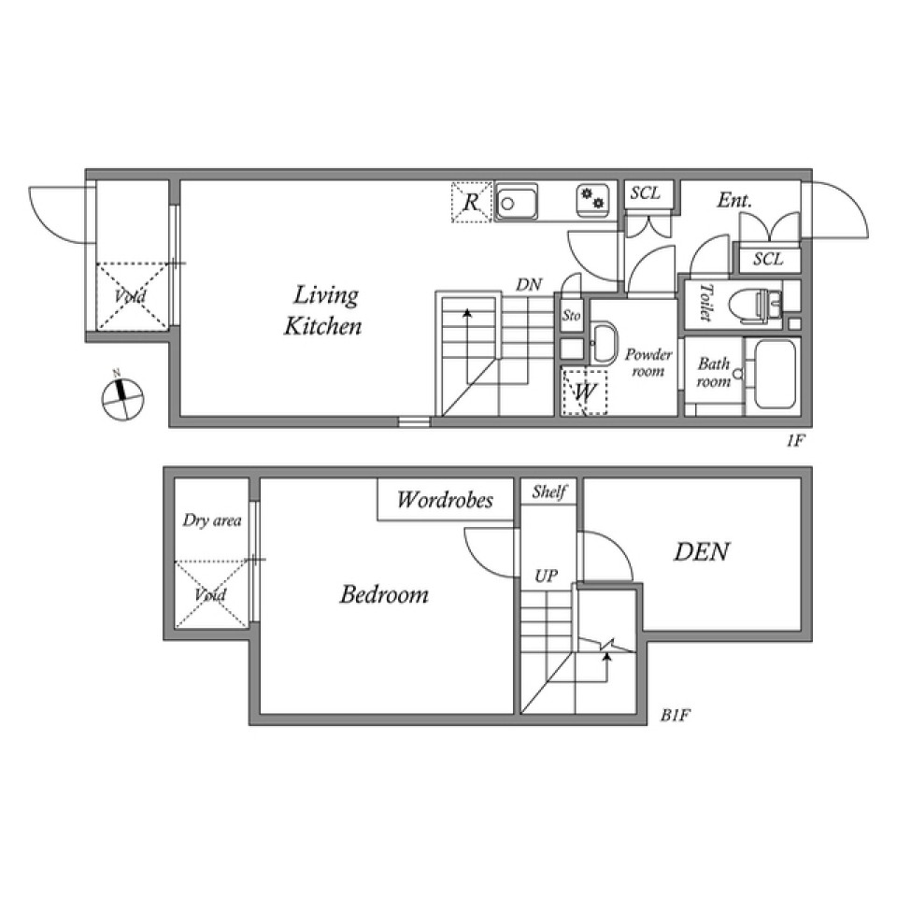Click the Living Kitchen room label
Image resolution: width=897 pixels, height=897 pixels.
[323, 310]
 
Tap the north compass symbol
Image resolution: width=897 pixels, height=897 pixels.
[121, 397]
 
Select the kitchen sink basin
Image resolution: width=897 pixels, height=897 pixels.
[517, 202]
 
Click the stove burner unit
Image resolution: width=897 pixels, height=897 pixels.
[592, 200]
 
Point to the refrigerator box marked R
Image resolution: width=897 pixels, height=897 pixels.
[471, 202]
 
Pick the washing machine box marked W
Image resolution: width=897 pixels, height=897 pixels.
[584, 392]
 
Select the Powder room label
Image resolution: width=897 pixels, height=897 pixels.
[648, 363]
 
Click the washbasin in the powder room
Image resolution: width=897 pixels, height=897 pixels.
[604, 343]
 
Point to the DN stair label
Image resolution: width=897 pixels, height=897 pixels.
[529, 285]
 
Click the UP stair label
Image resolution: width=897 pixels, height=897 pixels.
[546, 577]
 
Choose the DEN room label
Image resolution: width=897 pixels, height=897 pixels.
[702, 552]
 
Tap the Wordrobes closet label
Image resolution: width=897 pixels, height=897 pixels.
[445, 500]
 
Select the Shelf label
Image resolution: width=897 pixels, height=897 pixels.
[549, 491]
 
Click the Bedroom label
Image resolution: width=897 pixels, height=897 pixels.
[384, 594]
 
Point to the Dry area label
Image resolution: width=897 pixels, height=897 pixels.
[212, 520]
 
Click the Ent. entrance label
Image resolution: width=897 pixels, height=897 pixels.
[735, 200]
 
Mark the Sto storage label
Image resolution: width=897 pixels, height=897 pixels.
[572, 315]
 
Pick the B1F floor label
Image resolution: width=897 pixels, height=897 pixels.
[676, 715]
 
